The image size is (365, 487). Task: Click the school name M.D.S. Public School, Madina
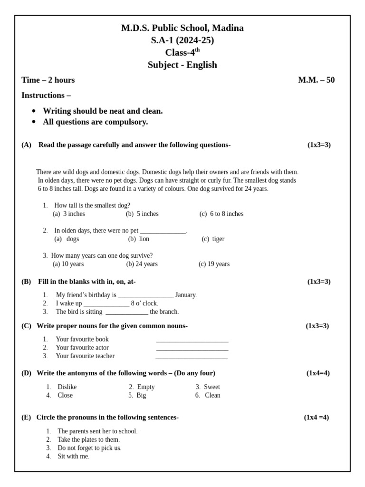pyautogui.click(x=182, y=28)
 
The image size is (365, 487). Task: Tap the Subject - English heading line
pyautogui.click(x=182, y=65)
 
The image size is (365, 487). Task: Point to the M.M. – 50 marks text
pyautogui.click(x=316, y=80)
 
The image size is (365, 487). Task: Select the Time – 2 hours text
pyautogui.click(x=48, y=80)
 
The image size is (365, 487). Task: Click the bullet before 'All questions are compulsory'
pyautogui.click(x=34, y=122)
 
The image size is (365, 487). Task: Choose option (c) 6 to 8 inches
pyautogui.click(x=221, y=214)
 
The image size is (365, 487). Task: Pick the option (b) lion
pyautogui.click(x=139, y=239)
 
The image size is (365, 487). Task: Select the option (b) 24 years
pyautogui.click(x=142, y=264)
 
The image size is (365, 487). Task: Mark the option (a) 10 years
pyautogui.click(x=68, y=264)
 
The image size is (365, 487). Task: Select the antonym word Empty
pyautogui.click(x=145, y=387)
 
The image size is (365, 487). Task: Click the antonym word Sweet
pyautogui.click(x=211, y=387)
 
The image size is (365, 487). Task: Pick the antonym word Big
pyautogui.click(x=141, y=395)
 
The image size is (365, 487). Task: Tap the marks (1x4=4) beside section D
pyautogui.click(x=318, y=373)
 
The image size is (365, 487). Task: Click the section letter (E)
pyautogui.click(x=26, y=418)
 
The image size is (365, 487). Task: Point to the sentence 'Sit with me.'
pyautogui.click(x=73, y=457)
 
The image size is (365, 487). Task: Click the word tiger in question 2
pyautogui.click(x=218, y=239)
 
